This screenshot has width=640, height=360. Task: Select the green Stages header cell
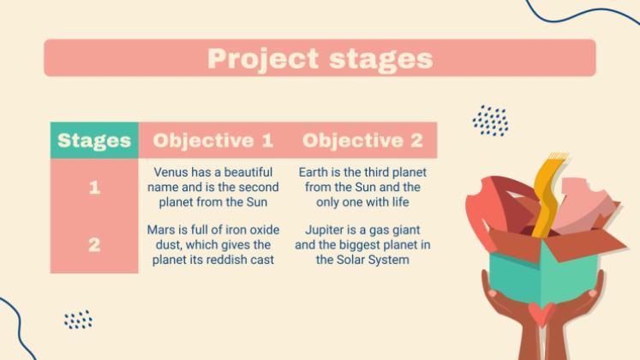pos(94,140)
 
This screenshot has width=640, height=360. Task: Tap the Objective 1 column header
pos(213,141)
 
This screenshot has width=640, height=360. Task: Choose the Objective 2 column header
pos(362,141)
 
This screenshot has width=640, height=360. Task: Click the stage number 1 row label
pos(94,188)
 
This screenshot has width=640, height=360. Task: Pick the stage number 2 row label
pos(94,245)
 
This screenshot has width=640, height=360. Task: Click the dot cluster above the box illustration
pos(491,120)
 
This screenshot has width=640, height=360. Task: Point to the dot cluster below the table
pos(78,319)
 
